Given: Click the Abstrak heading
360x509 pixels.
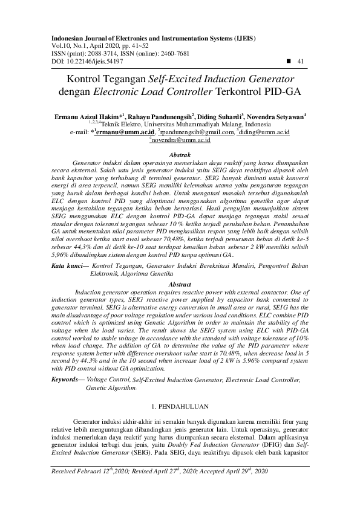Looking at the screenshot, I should [180, 155].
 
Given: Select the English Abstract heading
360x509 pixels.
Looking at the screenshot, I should [180, 284].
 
